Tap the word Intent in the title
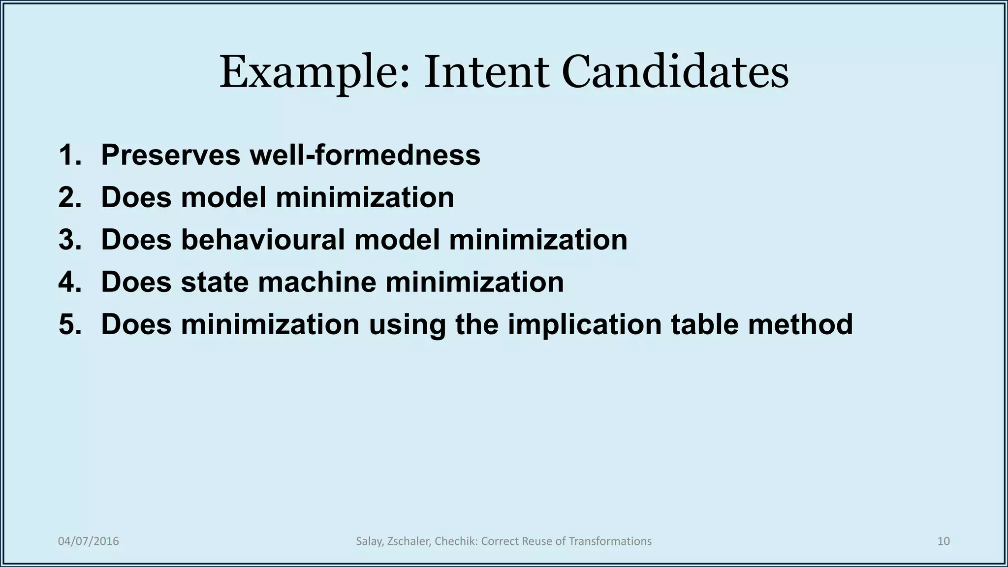click(x=486, y=73)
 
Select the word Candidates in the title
click(x=675, y=73)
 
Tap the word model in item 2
click(x=224, y=197)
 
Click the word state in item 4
click(x=214, y=282)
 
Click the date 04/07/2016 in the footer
click(x=89, y=541)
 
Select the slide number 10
click(x=943, y=541)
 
